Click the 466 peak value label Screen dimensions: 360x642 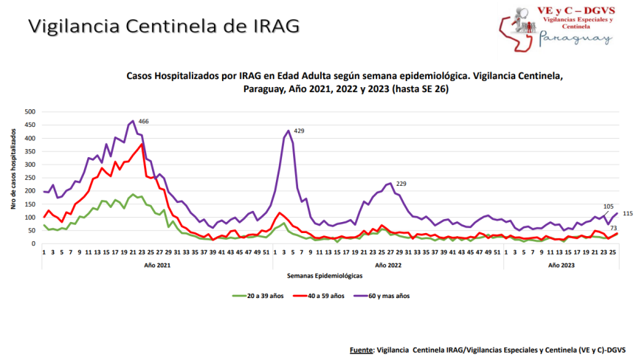(x=144, y=121)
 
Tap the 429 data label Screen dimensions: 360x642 (x=299, y=131)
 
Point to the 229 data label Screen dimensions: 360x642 (x=401, y=184)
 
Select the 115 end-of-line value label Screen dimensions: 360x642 (x=627, y=213)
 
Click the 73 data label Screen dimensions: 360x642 (x=613, y=229)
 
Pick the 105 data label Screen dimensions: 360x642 (x=609, y=207)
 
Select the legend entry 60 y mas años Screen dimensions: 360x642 (x=388, y=296)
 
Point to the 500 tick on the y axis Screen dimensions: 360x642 (x=30, y=111)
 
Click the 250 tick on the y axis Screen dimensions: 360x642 (x=30, y=178)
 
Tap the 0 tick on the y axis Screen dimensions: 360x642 (x=33, y=244)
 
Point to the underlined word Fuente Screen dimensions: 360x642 (x=361, y=349)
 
